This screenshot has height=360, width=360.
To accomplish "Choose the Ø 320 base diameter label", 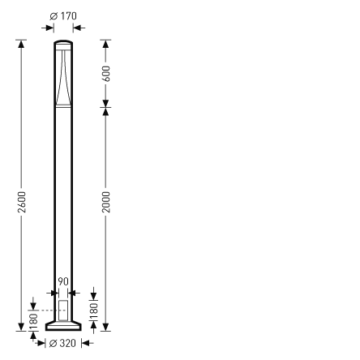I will click(x=62, y=344).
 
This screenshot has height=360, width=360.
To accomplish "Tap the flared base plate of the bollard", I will click(x=62, y=326).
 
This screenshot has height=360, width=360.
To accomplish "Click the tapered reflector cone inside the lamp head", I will click(x=62, y=81).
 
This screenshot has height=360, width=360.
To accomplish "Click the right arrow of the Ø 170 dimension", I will click(x=76, y=27).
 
